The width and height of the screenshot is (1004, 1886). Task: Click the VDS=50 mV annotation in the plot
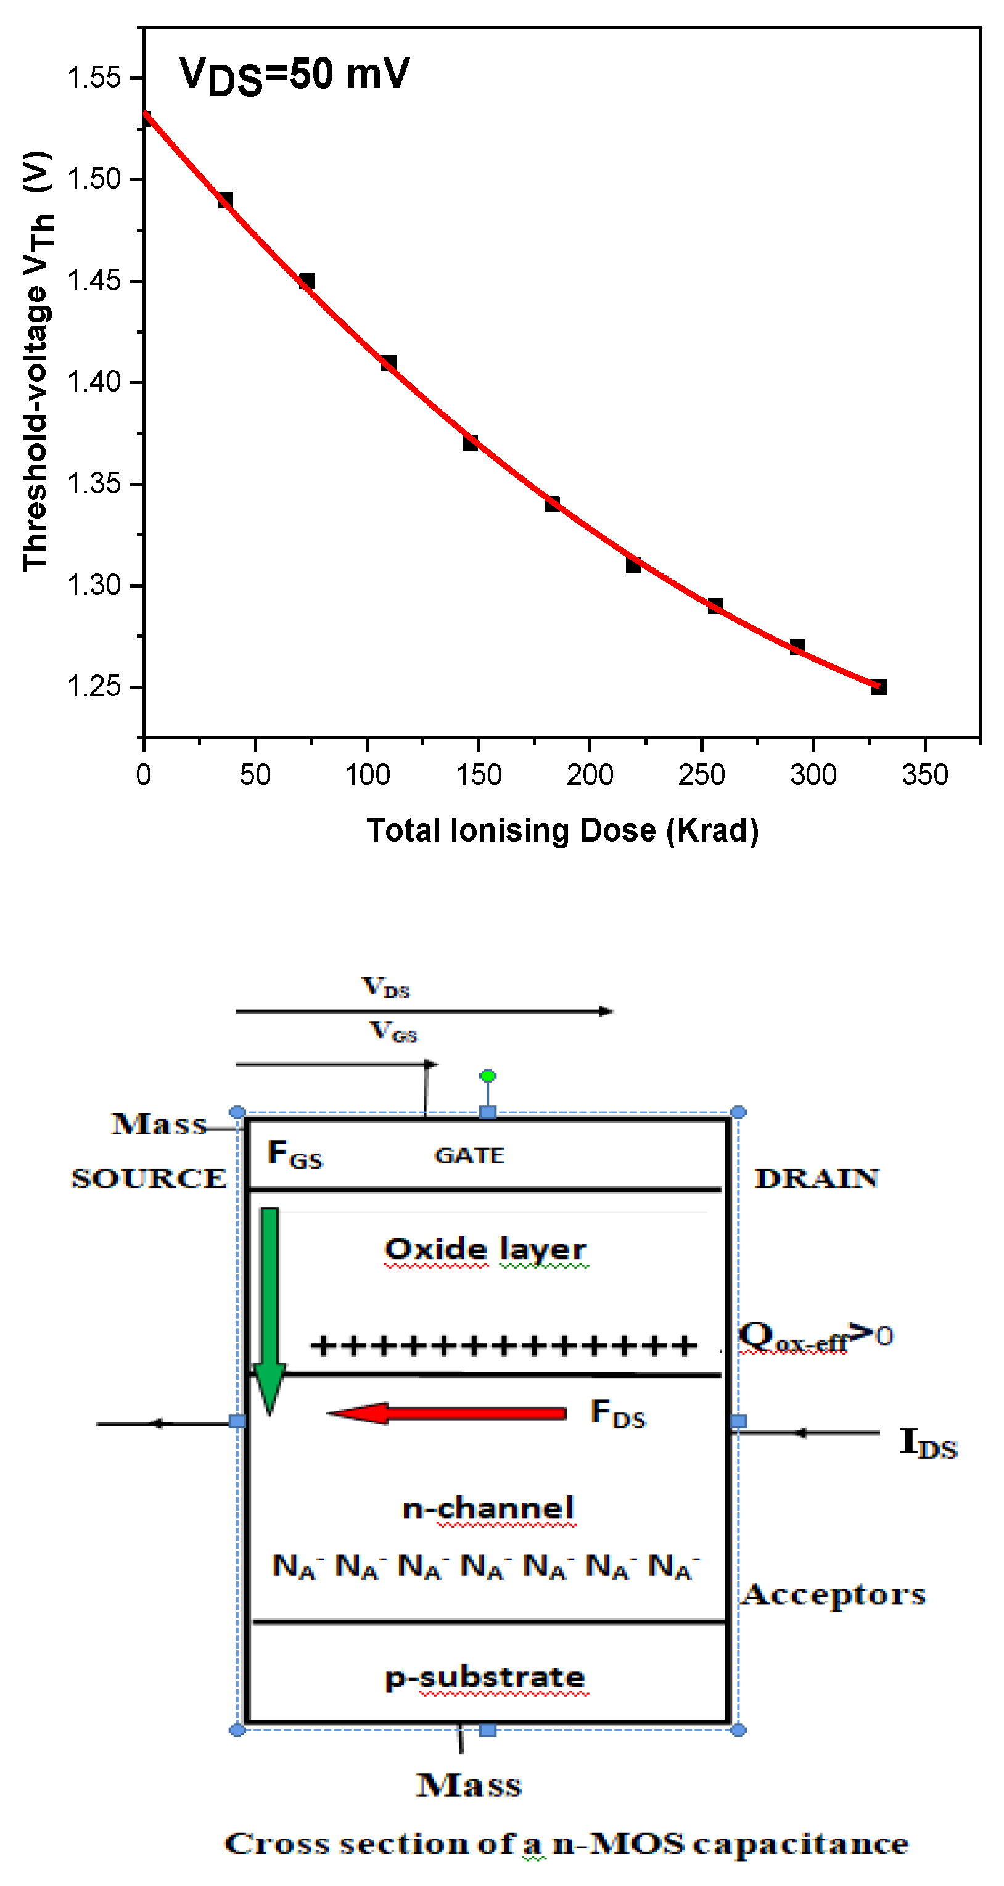[294, 75]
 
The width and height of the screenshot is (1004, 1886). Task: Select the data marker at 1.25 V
[879, 686]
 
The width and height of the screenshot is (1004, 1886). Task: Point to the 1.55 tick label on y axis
[94, 78]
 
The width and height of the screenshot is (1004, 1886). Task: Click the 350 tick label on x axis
[925, 774]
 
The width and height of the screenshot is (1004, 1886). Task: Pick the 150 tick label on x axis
[478, 774]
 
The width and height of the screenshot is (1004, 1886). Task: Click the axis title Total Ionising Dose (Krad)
[562, 830]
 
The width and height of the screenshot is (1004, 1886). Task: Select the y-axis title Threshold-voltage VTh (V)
[36, 361]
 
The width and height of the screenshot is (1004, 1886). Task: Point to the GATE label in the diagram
[469, 1155]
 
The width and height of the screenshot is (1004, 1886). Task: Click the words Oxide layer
[485, 1249]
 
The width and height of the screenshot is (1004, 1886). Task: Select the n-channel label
[488, 1507]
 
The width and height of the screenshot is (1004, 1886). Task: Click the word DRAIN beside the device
[816, 1178]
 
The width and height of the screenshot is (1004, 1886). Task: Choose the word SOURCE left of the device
[149, 1178]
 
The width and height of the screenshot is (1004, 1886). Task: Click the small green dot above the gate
[488, 1075]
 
